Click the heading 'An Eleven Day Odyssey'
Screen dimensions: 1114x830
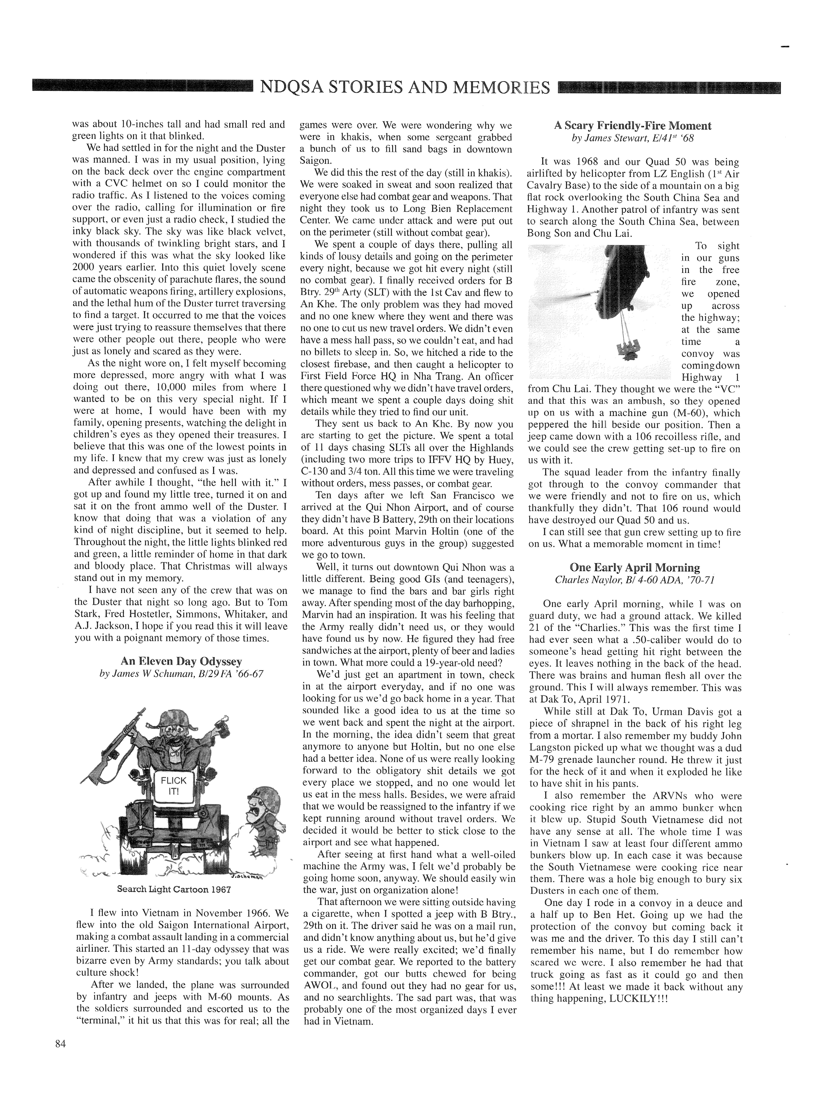point(181,662)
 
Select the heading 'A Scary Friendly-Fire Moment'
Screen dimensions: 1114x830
point(633,126)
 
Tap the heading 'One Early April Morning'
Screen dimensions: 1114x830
point(635,567)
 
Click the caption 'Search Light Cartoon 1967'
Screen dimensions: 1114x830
point(174,889)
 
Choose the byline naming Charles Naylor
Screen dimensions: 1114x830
point(635,580)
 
